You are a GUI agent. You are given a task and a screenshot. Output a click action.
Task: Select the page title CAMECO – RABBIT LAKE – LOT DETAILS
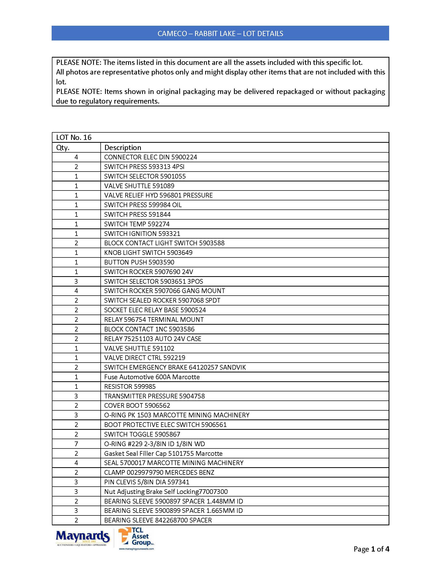point(220,33)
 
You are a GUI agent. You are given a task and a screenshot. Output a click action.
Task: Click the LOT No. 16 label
point(74,138)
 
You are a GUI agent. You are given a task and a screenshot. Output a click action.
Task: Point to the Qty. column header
point(63,148)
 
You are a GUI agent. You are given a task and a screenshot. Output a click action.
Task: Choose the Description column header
point(122,148)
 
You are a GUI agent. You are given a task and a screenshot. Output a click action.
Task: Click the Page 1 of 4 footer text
point(371,549)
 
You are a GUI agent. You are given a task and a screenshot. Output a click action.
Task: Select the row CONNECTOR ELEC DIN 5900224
point(150,157)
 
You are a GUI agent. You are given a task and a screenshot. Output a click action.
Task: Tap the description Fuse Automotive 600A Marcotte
point(152,377)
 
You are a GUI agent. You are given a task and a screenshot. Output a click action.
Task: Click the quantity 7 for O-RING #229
point(76,444)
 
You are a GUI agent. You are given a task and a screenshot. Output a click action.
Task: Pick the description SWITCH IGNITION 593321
point(142,234)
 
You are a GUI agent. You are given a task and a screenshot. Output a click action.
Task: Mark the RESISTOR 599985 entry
point(130,387)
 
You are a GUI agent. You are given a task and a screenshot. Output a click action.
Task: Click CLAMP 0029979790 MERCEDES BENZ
point(159,472)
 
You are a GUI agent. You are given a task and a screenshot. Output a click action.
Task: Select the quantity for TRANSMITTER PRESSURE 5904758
point(76,396)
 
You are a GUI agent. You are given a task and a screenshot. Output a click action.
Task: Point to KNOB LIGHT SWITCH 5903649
point(148,253)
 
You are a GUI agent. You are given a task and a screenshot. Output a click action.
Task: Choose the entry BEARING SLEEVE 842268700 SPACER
point(158,520)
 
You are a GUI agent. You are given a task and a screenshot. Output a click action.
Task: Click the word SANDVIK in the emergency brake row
point(232,368)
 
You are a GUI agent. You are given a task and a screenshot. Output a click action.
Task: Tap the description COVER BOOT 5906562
point(137,405)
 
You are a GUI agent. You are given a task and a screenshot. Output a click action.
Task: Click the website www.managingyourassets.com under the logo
point(136,549)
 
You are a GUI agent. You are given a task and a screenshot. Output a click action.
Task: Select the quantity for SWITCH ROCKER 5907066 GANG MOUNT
point(76,291)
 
